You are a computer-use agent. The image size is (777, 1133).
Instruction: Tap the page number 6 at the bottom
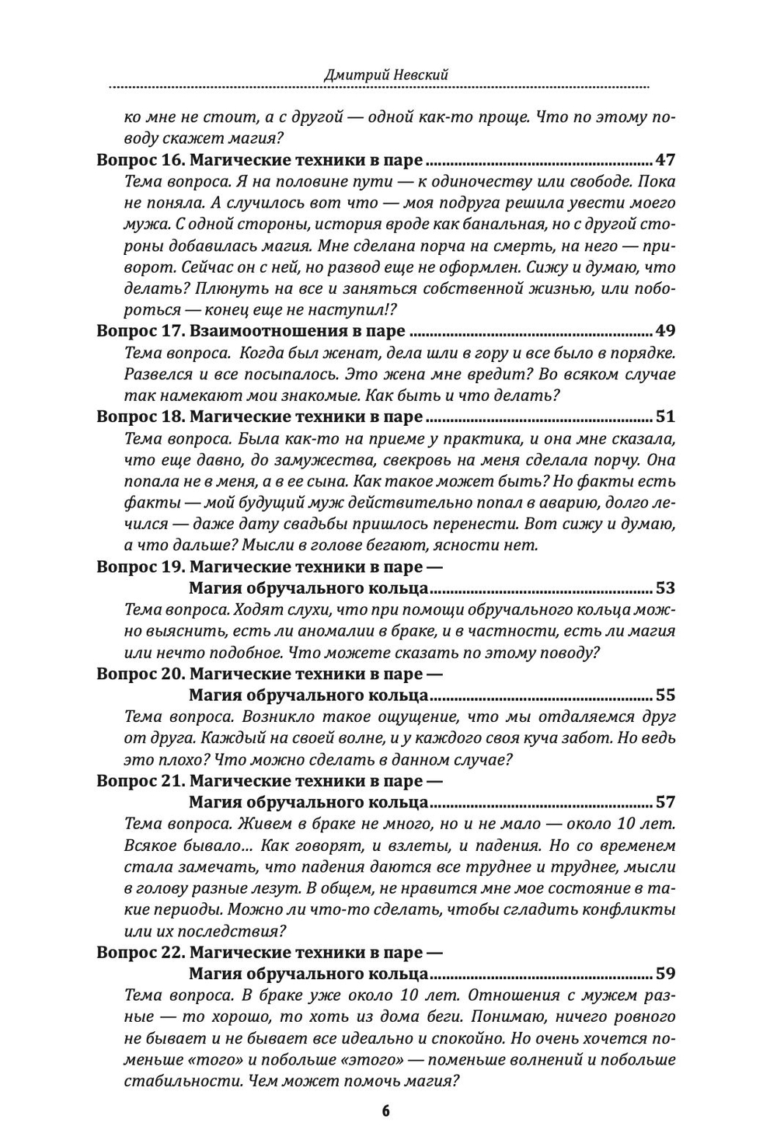pyautogui.click(x=385, y=1110)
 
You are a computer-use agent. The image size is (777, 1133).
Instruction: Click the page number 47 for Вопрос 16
pyautogui.click(x=666, y=160)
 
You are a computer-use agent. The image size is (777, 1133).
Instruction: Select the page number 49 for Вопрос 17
pyautogui.click(x=666, y=330)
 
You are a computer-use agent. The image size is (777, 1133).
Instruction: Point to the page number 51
pyautogui.click(x=666, y=416)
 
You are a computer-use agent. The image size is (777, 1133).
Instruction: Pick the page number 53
pyautogui.click(x=666, y=587)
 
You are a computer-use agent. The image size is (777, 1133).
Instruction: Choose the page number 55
pyautogui.click(x=666, y=695)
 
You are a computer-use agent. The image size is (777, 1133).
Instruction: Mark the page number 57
pyautogui.click(x=666, y=802)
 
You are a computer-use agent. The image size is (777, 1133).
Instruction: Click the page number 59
pyautogui.click(x=666, y=973)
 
